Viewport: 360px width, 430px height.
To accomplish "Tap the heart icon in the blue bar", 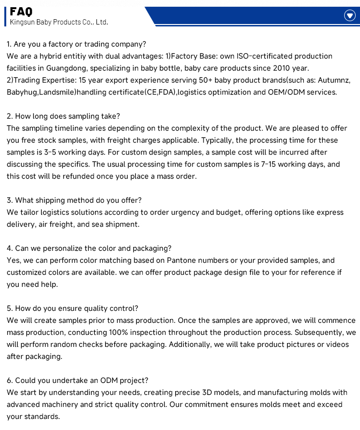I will point(350,16).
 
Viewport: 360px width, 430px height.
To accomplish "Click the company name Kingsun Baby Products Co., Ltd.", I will point(59,22).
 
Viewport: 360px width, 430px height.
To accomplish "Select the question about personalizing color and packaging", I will point(89,248).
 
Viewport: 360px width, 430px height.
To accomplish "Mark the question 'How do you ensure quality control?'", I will point(72,308).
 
